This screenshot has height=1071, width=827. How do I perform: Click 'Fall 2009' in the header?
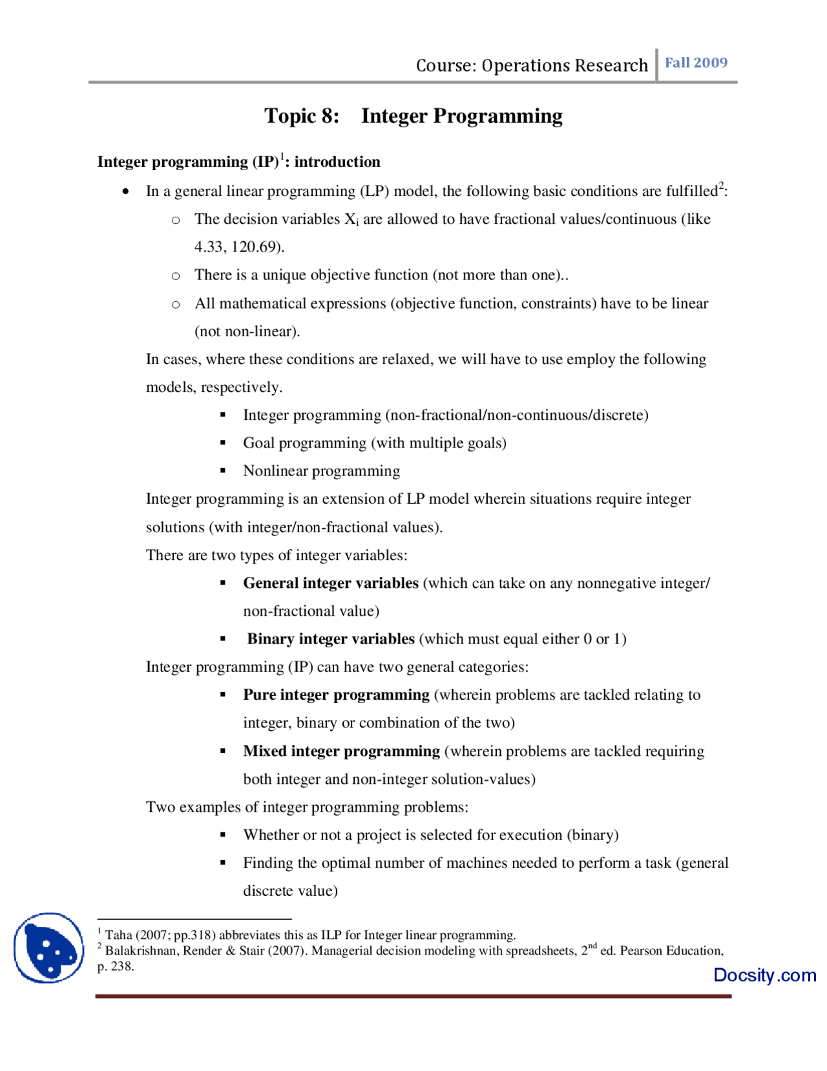click(x=696, y=63)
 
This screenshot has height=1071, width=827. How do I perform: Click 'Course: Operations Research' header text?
click(x=531, y=65)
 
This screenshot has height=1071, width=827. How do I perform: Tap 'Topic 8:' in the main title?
click(x=301, y=116)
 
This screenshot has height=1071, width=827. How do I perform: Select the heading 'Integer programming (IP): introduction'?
click(x=238, y=162)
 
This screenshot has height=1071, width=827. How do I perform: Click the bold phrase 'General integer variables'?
click(x=330, y=583)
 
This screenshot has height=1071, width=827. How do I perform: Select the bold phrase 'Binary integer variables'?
click(x=330, y=639)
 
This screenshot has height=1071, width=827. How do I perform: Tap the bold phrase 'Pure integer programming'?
click(x=336, y=695)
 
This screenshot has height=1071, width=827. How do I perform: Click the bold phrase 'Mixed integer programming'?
click(x=341, y=752)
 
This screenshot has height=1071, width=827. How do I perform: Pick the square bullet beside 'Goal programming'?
click(x=223, y=443)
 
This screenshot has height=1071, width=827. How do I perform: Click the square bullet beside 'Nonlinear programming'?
click(x=223, y=471)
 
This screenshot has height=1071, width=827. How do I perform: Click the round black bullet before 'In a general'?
click(x=125, y=191)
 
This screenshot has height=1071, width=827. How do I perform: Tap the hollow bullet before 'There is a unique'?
click(x=175, y=276)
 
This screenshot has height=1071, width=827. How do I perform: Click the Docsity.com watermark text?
click(x=764, y=975)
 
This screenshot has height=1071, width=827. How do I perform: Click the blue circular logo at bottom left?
click(x=49, y=947)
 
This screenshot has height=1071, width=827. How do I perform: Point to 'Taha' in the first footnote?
click(x=118, y=935)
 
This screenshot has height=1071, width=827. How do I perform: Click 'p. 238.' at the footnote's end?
click(x=116, y=967)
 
